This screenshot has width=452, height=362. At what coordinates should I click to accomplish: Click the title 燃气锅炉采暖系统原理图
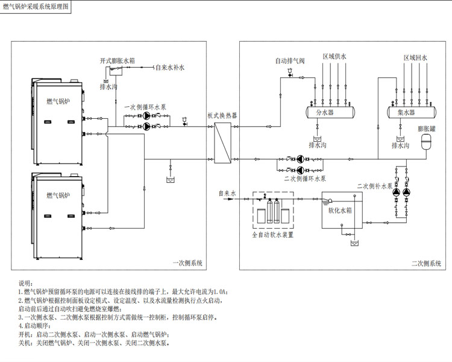[36, 7]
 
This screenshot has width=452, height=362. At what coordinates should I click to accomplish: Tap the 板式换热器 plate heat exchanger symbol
[223, 143]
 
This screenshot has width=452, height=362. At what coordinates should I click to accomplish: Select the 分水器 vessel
[330, 112]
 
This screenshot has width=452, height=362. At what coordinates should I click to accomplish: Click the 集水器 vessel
[412, 112]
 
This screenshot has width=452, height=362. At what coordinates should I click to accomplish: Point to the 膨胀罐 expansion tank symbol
[426, 141]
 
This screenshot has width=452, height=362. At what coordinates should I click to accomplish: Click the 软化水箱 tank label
[340, 210]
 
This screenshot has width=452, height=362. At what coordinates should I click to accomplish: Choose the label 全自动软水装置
[272, 235]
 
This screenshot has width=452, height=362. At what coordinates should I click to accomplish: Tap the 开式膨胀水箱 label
[118, 61]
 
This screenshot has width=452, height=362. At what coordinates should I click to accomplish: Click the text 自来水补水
[170, 68]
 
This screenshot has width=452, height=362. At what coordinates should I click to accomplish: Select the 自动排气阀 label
[290, 61]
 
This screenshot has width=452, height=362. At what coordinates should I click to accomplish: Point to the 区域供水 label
[334, 57]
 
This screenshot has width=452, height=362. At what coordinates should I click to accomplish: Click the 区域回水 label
[415, 58]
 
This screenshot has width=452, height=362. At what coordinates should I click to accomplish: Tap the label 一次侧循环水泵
[145, 107]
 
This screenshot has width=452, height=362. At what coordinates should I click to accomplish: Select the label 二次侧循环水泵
[305, 179]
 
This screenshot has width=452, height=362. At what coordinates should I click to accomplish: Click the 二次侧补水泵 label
[375, 186]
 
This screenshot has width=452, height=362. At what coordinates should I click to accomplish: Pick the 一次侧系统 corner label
[187, 263]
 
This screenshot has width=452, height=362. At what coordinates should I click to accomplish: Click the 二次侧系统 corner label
[426, 263]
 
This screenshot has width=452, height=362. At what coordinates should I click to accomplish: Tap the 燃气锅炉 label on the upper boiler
[58, 101]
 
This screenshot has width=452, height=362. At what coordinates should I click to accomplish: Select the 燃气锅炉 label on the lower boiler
[58, 195]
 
